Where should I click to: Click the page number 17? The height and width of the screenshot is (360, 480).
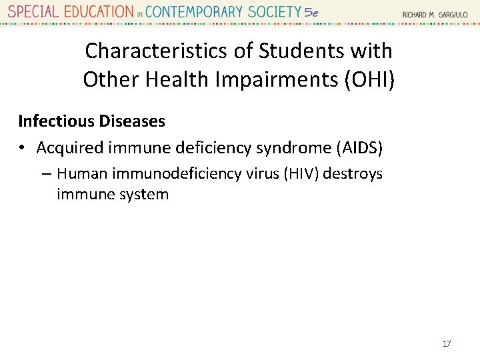[447, 344]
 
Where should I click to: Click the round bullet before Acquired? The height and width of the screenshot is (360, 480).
[23, 148]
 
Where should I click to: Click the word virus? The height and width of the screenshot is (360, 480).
[262, 174]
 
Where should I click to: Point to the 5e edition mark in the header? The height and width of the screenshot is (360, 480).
[311, 12]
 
